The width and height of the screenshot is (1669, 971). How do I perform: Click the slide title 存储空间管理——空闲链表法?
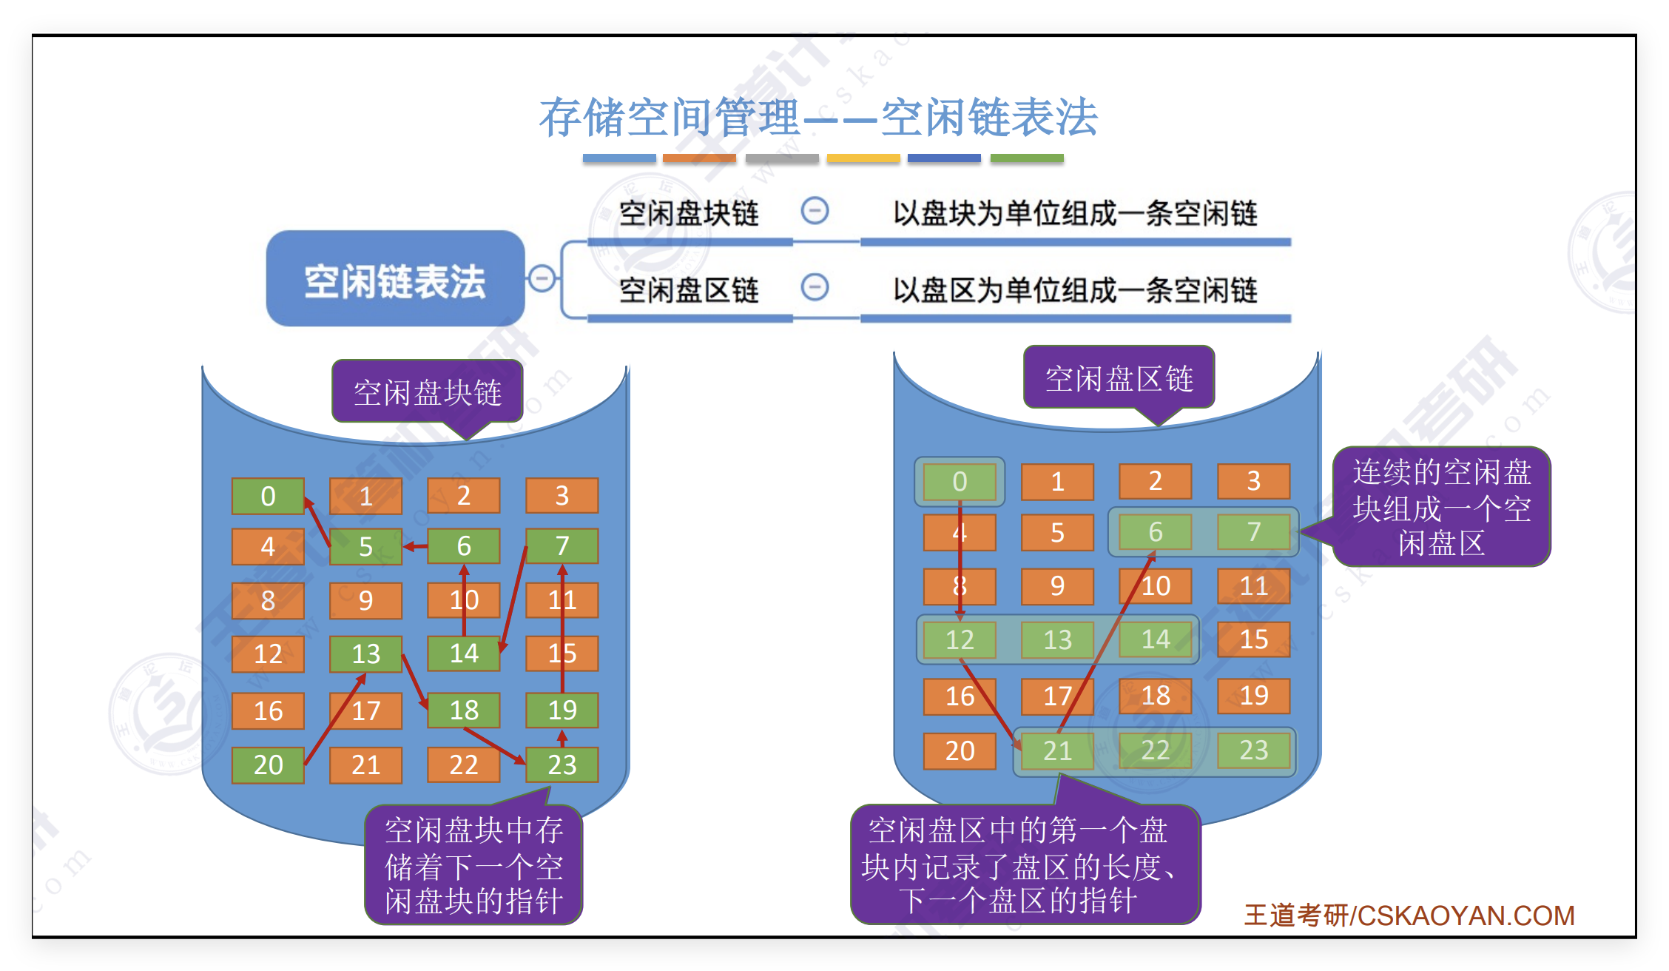click(x=817, y=118)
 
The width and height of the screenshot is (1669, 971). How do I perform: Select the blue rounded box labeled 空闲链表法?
click(x=395, y=279)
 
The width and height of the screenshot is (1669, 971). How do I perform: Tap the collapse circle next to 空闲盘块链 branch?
click(x=815, y=211)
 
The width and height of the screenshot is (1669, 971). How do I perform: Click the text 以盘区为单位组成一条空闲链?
click(x=1075, y=290)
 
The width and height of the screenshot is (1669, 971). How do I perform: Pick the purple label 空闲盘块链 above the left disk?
click(x=428, y=392)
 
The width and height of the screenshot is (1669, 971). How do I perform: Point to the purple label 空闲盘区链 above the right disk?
click(x=1119, y=378)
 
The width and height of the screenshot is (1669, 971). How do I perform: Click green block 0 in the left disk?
click(x=268, y=496)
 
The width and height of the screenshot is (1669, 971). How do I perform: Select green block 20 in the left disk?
click(x=268, y=765)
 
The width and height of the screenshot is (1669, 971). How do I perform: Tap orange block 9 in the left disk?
click(x=365, y=600)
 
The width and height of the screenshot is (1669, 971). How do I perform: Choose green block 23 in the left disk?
click(x=562, y=765)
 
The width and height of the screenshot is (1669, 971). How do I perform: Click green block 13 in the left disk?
click(x=365, y=654)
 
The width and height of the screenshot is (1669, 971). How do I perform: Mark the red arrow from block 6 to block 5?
click(x=416, y=547)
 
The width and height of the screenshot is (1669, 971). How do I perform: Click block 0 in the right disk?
click(x=960, y=482)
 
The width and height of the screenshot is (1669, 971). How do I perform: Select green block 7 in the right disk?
click(x=1253, y=531)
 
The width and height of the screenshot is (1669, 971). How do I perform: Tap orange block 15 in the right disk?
click(x=1253, y=639)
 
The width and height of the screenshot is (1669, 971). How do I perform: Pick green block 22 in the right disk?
click(x=1155, y=750)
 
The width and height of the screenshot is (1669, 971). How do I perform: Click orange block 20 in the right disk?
click(x=960, y=750)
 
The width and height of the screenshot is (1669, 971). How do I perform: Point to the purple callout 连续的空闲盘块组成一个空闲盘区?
click(x=1441, y=508)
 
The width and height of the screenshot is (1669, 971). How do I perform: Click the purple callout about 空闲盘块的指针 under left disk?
click(x=473, y=865)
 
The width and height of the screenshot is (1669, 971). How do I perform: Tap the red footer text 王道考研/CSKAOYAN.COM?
click(x=1409, y=915)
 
